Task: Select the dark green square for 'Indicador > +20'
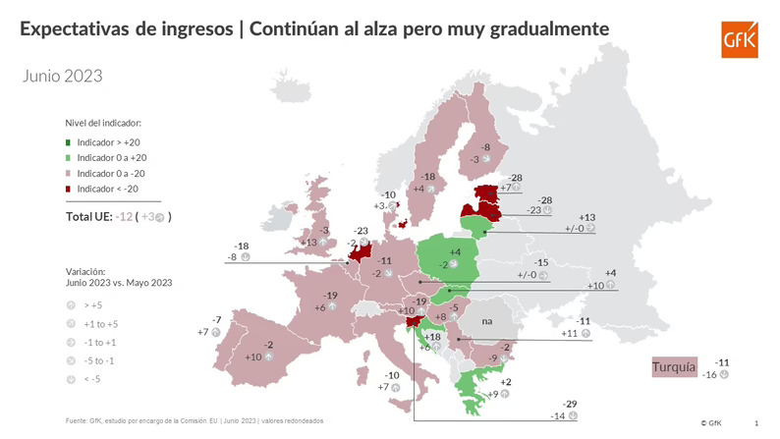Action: click(69, 142)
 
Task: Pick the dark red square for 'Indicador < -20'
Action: click(69, 190)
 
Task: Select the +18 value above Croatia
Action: click(432, 336)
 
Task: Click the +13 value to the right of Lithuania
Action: click(587, 217)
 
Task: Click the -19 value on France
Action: click(331, 296)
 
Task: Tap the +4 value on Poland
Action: click(441, 252)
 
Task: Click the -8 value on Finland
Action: click(484, 146)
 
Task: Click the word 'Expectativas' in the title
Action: click(77, 30)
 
